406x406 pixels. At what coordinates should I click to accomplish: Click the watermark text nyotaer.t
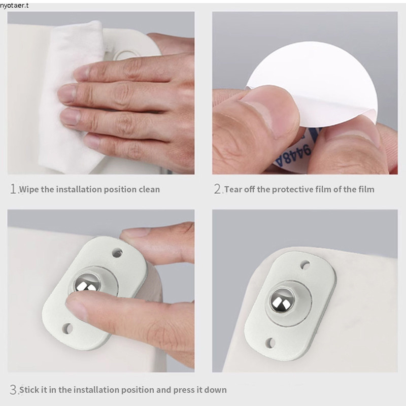[x=14, y=6]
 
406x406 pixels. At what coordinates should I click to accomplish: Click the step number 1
[x=13, y=189]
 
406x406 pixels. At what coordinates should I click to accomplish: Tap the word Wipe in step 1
[x=29, y=189]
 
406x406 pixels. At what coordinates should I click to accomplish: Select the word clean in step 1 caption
[x=149, y=189]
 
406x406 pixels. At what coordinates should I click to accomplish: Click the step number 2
[x=217, y=189]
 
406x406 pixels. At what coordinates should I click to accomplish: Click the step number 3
[x=13, y=389]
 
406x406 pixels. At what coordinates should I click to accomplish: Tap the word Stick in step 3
[x=29, y=390]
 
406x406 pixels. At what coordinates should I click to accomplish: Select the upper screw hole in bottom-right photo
[x=305, y=265]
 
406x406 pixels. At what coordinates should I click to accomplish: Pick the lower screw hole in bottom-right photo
[x=270, y=343]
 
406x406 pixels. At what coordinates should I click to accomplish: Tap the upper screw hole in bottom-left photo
[x=117, y=253]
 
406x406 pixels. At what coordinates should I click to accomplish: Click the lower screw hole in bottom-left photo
[x=67, y=328]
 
